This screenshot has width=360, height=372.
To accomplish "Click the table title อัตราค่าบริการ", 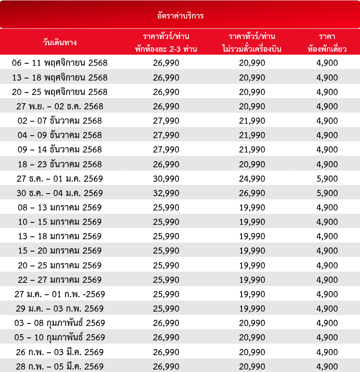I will click(x=180, y=16).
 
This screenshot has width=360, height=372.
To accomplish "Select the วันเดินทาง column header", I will click(x=60, y=42).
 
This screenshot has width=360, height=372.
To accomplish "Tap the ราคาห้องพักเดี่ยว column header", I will click(x=327, y=42).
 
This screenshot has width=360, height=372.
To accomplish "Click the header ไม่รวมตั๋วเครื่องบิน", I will click(x=252, y=49).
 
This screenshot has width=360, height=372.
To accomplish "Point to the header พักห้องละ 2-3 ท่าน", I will click(x=166, y=49).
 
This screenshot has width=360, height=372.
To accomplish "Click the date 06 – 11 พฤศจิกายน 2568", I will click(x=60, y=63).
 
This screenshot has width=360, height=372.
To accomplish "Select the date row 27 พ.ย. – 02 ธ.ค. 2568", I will click(x=60, y=106).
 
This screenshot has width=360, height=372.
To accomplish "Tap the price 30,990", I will click(x=166, y=179).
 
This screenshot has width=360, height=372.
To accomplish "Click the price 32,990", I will click(x=166, y=193).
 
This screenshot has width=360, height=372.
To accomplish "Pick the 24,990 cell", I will click(x=252, y=179).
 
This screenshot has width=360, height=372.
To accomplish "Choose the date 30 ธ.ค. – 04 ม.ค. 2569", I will click(x=60, y=193).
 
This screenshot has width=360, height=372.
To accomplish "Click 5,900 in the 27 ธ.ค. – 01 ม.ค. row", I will click(x=327, y=179).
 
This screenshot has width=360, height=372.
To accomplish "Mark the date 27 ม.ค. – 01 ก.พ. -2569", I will click(x=60, y=294).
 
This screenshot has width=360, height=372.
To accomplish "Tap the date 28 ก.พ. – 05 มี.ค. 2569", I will click(x=60, y=366).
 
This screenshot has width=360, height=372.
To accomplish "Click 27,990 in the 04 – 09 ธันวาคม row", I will click(x=166, y=135).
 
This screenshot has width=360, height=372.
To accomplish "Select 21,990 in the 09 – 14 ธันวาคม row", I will click(x=252, y=150).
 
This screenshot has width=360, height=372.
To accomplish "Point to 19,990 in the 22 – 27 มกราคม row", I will click(x=252, y=280).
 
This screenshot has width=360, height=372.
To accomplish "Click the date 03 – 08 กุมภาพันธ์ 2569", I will click(x=60, y=323).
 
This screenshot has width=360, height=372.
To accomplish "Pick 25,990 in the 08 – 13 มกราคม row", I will click(x=166, y=208).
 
